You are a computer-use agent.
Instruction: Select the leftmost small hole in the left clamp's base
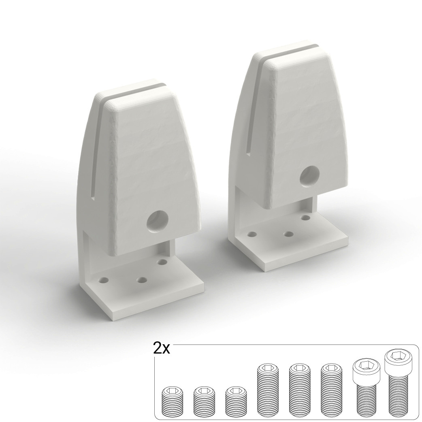(104, 280)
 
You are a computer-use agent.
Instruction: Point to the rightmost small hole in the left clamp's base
(162, 262)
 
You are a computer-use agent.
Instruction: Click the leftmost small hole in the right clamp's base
(252, 234)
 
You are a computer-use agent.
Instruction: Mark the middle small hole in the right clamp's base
(289, 234)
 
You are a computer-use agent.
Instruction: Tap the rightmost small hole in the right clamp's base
(305, 217)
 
